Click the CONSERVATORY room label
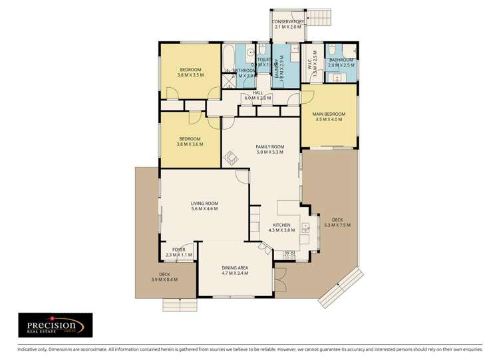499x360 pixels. point(288,22)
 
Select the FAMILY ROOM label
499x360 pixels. point(270,146)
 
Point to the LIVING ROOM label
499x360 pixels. point(204,203)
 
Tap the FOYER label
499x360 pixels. point(178,250)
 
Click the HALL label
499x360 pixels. point(257,92)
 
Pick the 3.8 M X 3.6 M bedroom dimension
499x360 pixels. point(190,144)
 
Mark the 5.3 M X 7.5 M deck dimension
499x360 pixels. point(337,225)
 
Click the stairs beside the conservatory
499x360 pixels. point(320,16)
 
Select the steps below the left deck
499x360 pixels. point(180,303)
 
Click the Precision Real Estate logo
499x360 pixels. point(55,325)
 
